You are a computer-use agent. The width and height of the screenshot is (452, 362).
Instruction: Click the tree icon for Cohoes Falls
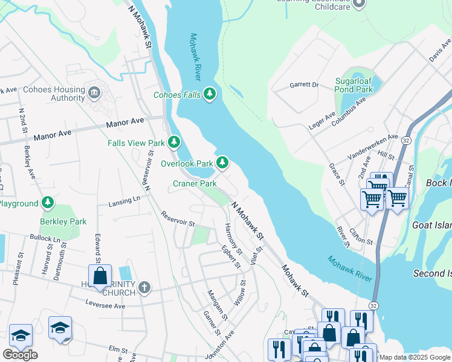tap(210, 94)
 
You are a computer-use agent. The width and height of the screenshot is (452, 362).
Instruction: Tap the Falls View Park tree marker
tap(174, 143)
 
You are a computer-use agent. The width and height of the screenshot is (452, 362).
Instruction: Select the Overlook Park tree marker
tap(222, 162)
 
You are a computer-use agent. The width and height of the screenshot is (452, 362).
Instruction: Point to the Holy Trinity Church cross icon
tap(144, 287)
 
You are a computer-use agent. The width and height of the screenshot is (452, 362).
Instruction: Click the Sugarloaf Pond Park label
tap(354, 84)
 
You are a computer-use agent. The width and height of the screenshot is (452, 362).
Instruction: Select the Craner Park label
tap(195, 183)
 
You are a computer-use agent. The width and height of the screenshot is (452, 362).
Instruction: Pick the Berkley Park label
tap(63, 221)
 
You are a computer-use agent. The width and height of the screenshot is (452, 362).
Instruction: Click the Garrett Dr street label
tap(304, 85)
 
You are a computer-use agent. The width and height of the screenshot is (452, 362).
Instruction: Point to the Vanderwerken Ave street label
tap(372, 147)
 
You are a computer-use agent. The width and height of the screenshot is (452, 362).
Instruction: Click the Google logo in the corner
tap(20, 355)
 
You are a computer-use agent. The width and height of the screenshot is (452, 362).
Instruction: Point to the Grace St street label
tap(337, 174)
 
